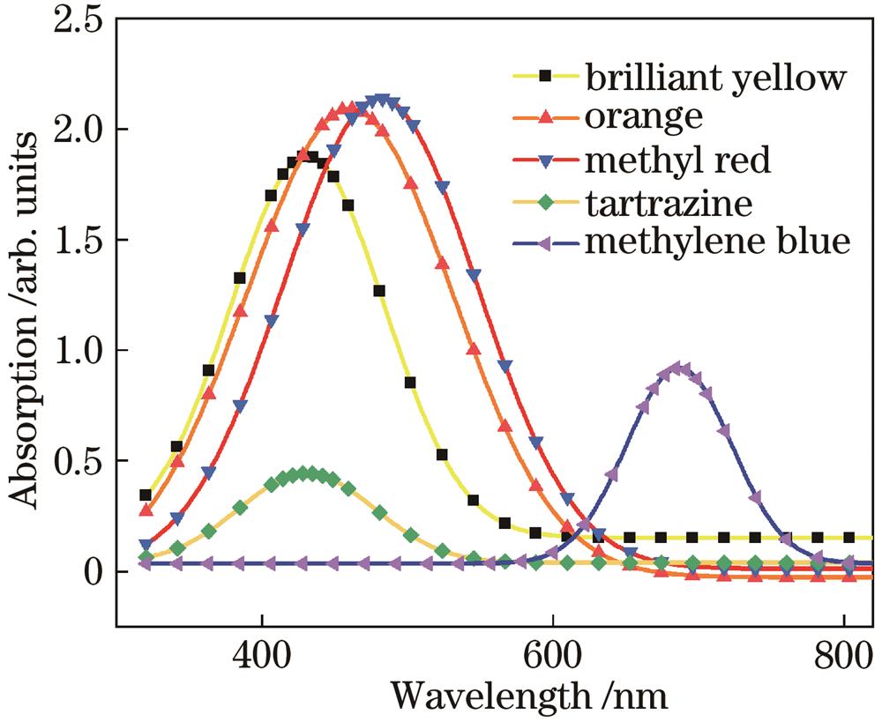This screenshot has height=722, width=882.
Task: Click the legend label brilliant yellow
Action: pos(715,78)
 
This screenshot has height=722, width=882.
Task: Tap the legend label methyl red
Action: pos(677,160)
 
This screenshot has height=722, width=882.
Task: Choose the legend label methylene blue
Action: pos(715,242)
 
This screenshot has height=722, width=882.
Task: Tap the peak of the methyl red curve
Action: pos(381,100)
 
